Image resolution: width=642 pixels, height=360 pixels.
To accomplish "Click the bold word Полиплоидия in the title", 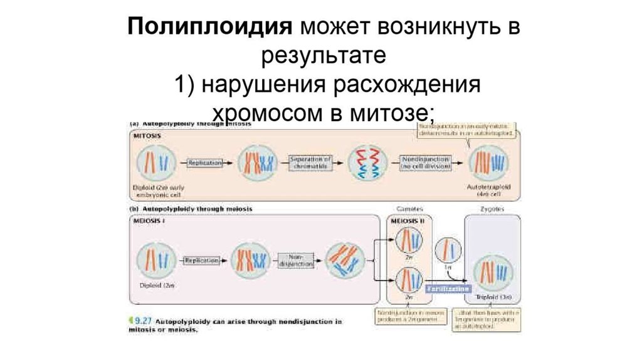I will [x=210, y=28].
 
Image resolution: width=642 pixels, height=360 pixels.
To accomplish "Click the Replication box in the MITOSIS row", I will [x=205, y=162].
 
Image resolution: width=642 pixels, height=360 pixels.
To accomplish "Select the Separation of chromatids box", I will [x=310, y=162].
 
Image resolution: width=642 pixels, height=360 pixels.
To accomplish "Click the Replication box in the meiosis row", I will [x=201, y=259].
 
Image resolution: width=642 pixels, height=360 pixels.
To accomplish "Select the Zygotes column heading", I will [x=493, y=208].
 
